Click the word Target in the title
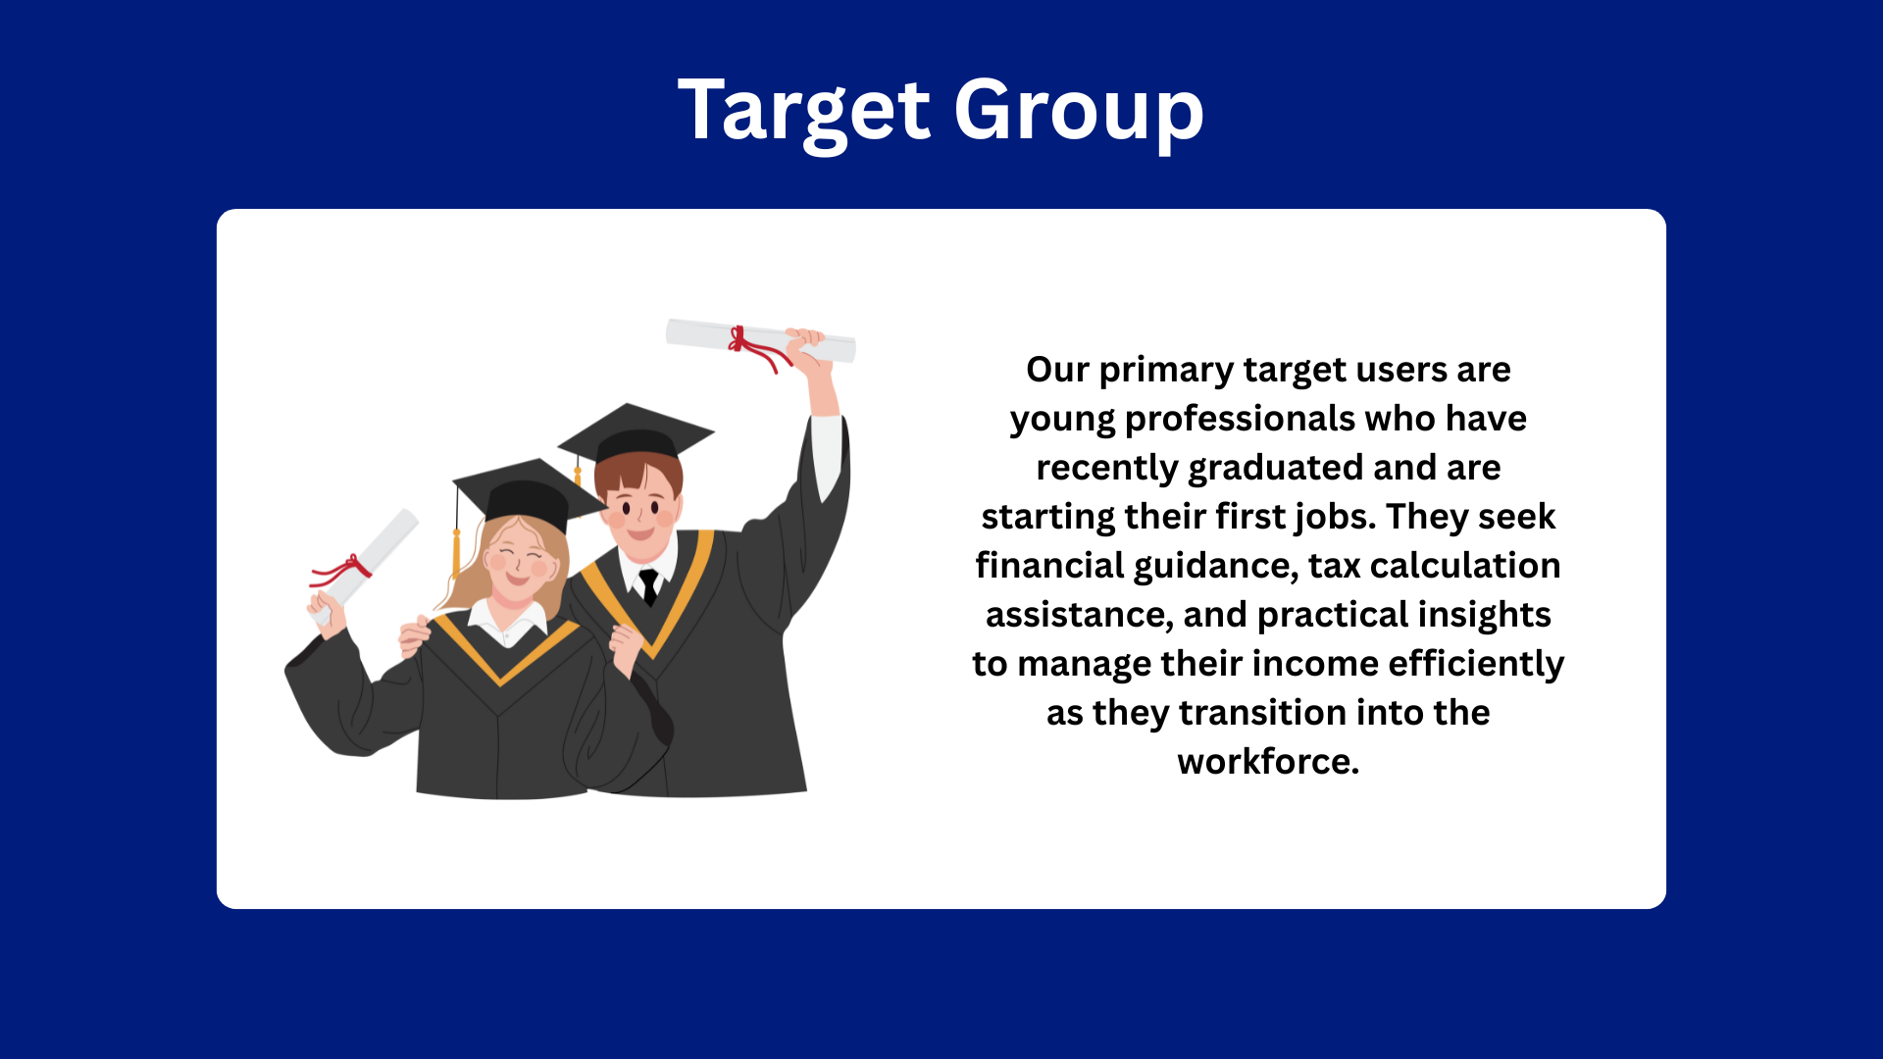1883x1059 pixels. [803, 112]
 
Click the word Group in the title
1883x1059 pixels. [1079, 112]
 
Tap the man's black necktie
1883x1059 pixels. [648, 585]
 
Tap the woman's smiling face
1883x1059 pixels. [518, 564]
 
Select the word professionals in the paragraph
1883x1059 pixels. [1240, 420]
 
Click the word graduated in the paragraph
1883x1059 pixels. [1275, 469]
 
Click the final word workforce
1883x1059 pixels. [1268, 762]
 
